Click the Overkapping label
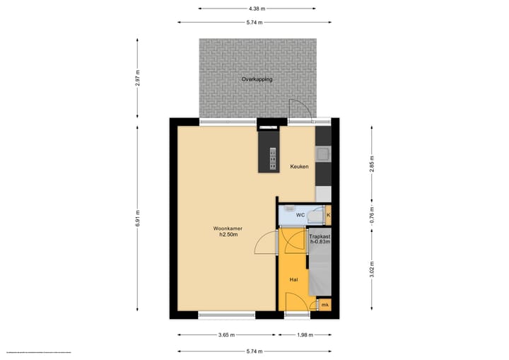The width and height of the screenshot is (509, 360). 257,79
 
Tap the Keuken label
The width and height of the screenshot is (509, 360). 299,167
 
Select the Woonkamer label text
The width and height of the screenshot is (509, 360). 227,228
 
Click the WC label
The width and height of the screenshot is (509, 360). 300,214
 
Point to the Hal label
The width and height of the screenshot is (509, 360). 293,280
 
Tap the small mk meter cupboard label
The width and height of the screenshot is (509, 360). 324,305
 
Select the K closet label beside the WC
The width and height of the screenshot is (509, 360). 328,214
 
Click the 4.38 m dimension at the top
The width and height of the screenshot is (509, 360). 257,8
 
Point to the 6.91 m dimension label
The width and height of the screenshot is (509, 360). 137,218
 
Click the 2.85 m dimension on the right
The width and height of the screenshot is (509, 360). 372,167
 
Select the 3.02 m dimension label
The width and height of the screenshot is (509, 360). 372,269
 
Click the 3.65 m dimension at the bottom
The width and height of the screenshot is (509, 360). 226,335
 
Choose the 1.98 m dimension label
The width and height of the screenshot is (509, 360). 304,335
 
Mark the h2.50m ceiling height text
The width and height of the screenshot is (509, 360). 228,236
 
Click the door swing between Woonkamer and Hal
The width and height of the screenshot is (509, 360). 267,243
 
